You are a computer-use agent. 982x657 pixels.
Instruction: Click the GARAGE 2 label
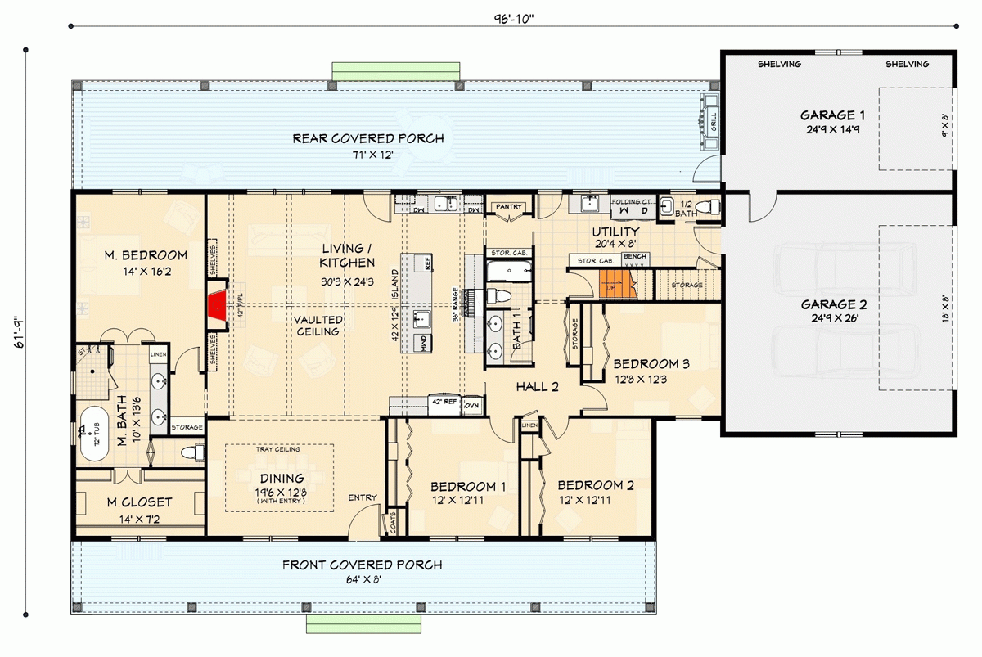click(835, 304)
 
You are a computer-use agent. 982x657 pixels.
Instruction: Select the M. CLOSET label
click(140, 502)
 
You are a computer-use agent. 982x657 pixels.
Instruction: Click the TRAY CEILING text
click(277, 449)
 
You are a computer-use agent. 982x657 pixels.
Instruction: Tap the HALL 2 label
click(537, 386)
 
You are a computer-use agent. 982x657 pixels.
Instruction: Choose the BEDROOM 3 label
click(646, 363)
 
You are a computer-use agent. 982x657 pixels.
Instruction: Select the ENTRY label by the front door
click(363, 497)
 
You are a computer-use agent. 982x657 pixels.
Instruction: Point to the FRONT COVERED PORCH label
click(362, 565)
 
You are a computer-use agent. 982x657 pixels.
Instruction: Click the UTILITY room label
click(615, 232)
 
